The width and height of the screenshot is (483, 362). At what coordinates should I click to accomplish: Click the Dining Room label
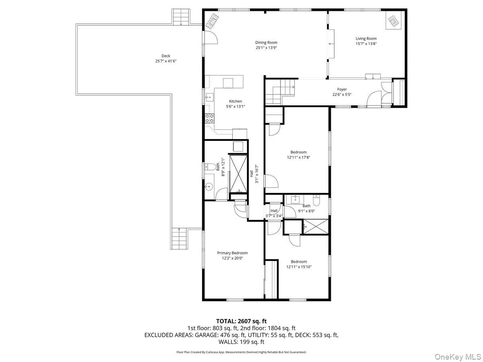[266, 43]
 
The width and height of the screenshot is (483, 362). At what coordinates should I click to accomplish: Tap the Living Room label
[366, 39]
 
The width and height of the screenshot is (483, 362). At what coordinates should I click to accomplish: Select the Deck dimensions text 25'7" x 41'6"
[166, 61]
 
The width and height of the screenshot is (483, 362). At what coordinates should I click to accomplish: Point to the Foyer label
[342, 89]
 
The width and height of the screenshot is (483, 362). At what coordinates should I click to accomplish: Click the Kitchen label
[235, 101]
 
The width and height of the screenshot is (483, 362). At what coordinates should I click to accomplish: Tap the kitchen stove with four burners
[210, 118]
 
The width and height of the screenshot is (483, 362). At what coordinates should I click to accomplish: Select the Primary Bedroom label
[232, 253]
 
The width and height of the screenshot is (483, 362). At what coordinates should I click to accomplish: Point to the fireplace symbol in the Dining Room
[212, 21]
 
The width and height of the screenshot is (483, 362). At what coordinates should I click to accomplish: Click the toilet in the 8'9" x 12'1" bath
[209, 168]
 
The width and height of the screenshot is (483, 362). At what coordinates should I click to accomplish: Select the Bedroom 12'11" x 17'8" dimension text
[298, 158]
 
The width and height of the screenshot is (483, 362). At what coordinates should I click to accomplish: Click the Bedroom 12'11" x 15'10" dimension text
[299, 267]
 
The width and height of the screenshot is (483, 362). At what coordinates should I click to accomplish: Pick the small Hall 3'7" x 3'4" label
[274, 211]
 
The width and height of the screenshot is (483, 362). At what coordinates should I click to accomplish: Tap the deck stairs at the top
[181, 17]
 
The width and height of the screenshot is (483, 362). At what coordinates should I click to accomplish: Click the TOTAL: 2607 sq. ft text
[242, 321]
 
